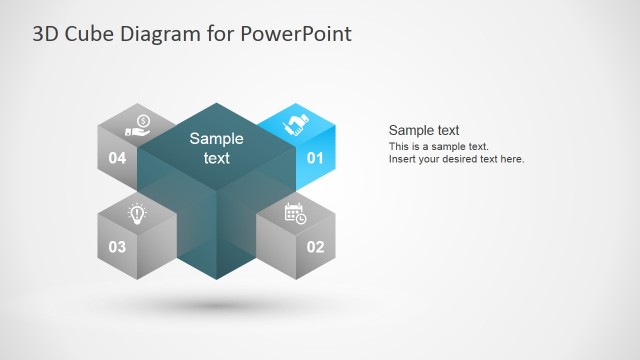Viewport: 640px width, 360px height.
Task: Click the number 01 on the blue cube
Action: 315,158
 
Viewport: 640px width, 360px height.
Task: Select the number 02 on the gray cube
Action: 315,246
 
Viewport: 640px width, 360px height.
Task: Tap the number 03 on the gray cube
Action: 117,246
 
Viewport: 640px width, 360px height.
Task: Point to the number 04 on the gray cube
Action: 117,158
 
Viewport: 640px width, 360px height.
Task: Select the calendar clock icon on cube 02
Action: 295,212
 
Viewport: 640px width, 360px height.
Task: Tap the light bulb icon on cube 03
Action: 137,212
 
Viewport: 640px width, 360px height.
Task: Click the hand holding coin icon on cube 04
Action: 137,125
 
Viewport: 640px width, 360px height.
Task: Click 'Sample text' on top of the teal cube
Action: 216,148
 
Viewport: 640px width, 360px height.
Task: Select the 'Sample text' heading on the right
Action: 423,130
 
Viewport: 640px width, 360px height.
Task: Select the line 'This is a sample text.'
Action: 438,147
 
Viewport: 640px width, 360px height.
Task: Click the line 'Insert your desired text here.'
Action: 456,159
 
